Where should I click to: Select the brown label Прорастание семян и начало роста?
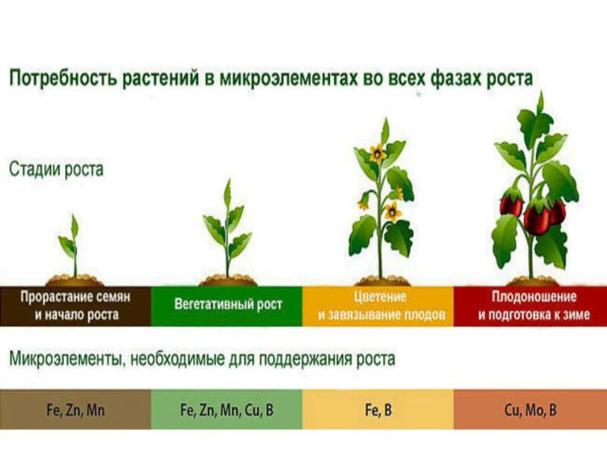[75, 306]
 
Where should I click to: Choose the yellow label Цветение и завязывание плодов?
[378, 306]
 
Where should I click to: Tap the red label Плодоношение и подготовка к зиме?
[530, 306]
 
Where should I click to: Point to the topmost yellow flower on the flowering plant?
[377, 153]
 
